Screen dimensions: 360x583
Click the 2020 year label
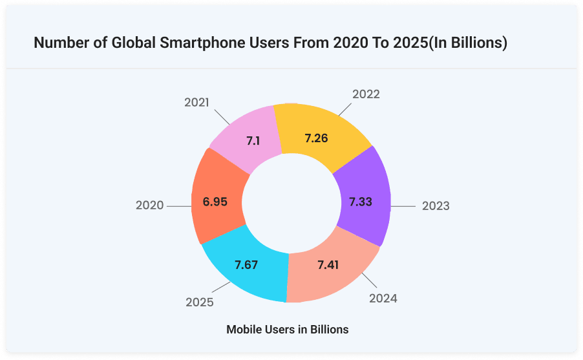150,206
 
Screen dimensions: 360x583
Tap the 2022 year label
366,94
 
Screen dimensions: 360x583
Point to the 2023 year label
436,206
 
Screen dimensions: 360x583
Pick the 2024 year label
383,298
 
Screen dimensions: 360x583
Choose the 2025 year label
200,302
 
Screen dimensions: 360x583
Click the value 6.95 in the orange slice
215,202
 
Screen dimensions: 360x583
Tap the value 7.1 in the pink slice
253,140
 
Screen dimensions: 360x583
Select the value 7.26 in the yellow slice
317,138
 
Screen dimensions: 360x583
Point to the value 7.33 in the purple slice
361,202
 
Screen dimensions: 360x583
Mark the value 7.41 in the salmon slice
329,265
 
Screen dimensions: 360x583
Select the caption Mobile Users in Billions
288,330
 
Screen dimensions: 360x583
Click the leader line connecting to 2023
403,207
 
